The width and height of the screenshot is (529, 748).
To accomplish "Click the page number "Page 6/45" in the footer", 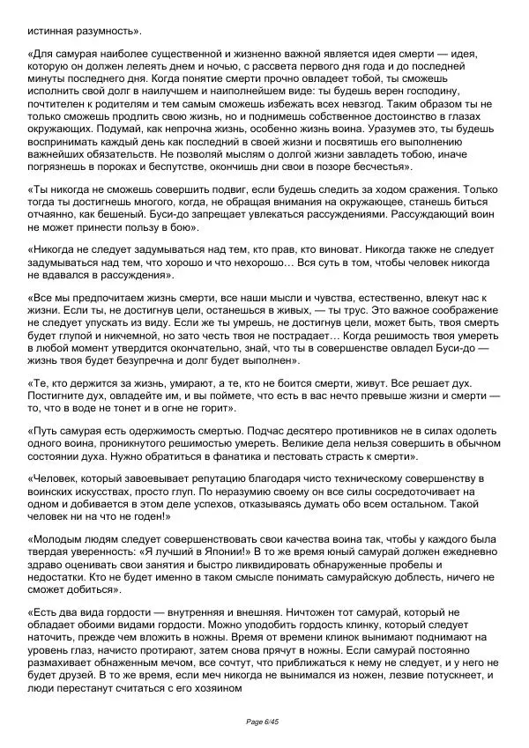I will point(264,722).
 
